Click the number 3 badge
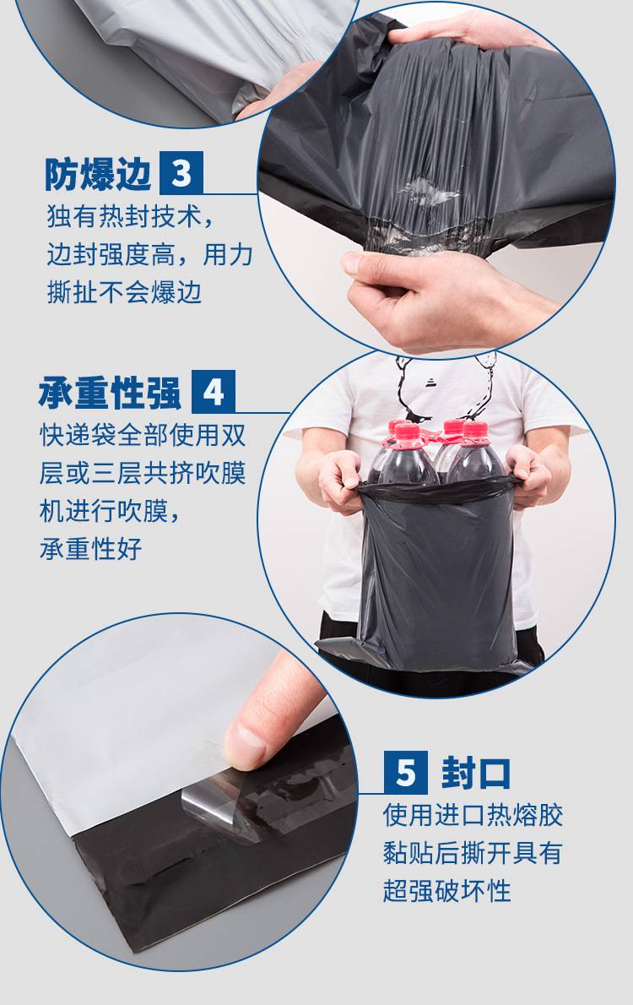181,173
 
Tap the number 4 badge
214,392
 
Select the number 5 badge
406,773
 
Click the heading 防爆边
97,174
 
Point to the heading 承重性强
110,392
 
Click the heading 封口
475,773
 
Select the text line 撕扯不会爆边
124,292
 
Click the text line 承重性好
90,549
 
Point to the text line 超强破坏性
447,890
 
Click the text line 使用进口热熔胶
473,815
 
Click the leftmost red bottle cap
398,428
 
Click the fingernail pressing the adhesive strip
245,746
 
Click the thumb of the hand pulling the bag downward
372,265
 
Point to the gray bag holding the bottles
437,573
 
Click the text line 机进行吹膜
110,511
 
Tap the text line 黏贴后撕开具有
473,853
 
